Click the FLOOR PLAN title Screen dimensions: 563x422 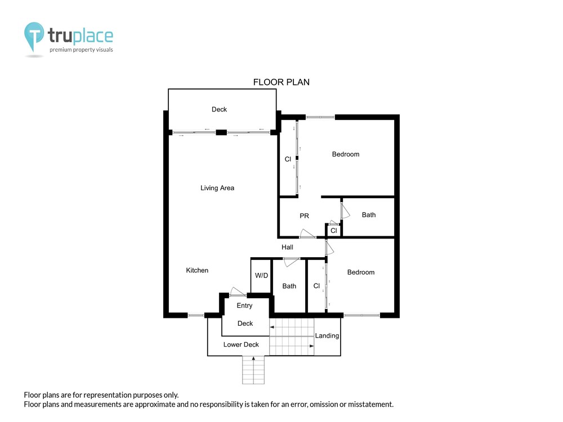pyautogui.click(x=281, y=82)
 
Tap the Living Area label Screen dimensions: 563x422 pyautogui.click(x=217, y=188)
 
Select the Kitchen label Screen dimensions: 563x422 pyautogui.click(x=197, y=270)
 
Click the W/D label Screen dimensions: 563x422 pyautogui.click(x=261, y=275)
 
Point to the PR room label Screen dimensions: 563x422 pyautogui.click(x=304, y=216)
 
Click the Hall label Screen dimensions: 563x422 pyautogui.click(x=287, y=247)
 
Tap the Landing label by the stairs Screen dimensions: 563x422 pyautogui.click(x=327, y=336)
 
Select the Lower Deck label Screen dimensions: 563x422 pyautogui.click(x=241, y=344)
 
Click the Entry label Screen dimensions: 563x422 pyautogui.click(x=244, y=306)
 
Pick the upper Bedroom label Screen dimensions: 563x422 pyautogui.click(x=346, y=154)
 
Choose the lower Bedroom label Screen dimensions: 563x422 pyautogui.click(x=361, y=272)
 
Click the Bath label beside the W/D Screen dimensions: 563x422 pyautogui.click(x=289, y=286)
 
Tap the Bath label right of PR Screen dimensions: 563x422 pyautogui.click(x=369, y=214)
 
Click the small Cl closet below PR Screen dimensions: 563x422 pyautogui.click(x=334, y=230)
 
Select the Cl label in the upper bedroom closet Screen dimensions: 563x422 pyautogui.click(x=288, y=159)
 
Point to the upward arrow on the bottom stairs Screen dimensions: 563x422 pyautogui.click(x=253, y=370)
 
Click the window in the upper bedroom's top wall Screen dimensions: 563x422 pyautogui.click(x=320, y=117)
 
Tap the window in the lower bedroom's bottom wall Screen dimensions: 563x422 pyautogui.click(x=362, y=316)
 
